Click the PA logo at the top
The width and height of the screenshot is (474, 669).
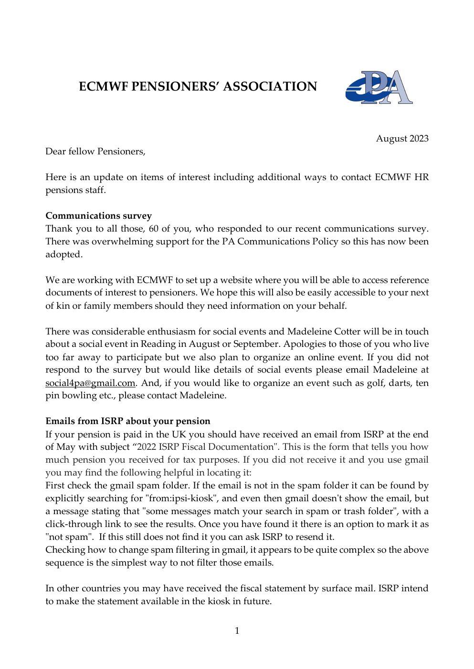(379, 87)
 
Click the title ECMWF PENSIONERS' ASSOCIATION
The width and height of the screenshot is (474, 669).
(198, 86)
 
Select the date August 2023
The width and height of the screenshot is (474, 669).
(402, 139)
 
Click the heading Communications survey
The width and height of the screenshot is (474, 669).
(98, 216)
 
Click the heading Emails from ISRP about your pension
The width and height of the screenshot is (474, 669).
(127, 421)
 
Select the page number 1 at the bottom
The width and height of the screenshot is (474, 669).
(237, 631)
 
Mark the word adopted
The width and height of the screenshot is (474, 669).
(63, 254)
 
